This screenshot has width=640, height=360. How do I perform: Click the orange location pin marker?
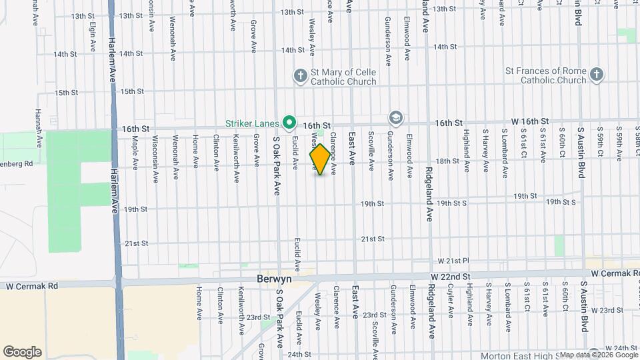(x=320, y=159)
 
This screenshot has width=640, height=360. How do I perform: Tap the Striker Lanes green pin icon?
(x=289, y=122)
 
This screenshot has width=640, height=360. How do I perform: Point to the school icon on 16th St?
(x=396, y=118)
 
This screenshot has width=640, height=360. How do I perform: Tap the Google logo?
(x=22, y=352)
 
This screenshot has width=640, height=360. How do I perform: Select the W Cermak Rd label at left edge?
(x=33, y=286)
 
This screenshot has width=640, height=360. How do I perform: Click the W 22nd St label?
(x=451, y=276)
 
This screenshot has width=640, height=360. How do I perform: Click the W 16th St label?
(x=529, y=121)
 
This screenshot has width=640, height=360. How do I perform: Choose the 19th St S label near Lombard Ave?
(x=561, y=202)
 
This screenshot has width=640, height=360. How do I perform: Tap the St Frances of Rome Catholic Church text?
(x=545, y=75)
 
